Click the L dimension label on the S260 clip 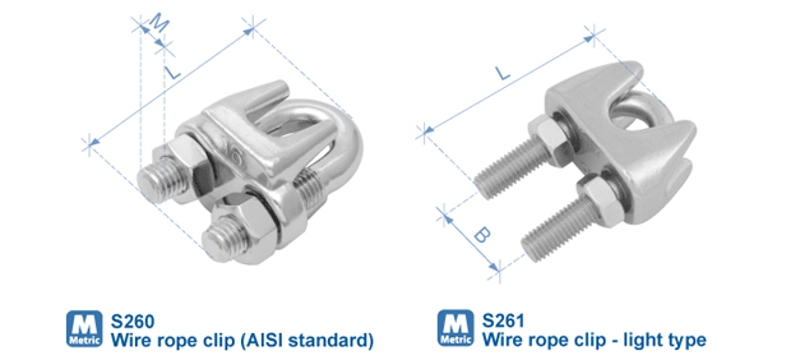coord(172,72)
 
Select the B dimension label coord(481,236)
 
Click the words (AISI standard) coord(306,340)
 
